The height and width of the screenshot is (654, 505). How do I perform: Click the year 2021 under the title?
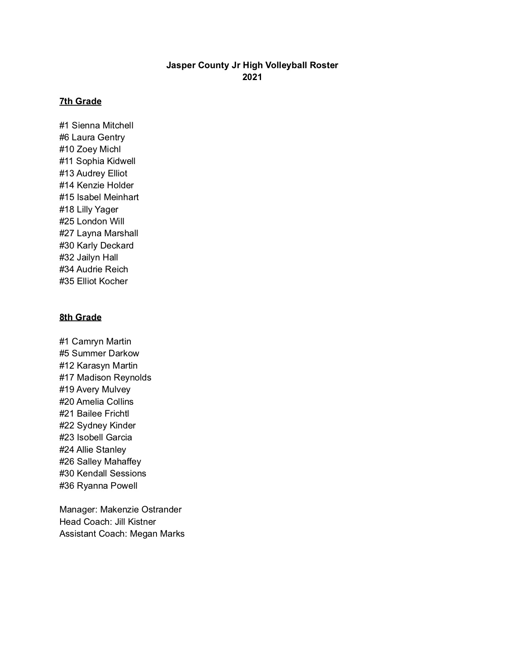click(x=252, y=77)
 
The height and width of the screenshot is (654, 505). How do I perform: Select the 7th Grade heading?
click(x=80, y=101)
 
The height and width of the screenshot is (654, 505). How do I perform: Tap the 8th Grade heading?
click(x=80, y=317)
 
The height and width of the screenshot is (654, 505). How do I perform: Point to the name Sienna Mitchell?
click(x=103, y=126)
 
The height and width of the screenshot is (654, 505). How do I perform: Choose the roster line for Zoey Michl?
click(x=90, y=149)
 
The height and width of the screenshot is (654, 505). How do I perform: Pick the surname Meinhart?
click(x=121, y=197)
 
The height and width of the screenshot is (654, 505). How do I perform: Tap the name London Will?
click(x=101, y=222)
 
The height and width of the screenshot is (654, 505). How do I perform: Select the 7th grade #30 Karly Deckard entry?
click(x=96, y=246)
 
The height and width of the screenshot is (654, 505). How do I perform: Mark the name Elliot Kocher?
click(x=102, y=281)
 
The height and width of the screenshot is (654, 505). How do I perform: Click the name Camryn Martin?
click(x=101, y=342)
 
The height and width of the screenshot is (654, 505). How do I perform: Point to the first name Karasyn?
click(x=90, y=366)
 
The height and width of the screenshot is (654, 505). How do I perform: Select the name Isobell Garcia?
click(x=104, y=438)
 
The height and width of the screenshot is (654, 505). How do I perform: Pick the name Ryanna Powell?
click(x=107, y=486)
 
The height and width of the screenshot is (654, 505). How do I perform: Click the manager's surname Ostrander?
click(x=162, y=510)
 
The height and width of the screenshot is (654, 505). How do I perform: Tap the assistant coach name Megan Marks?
click(x=157, y=534)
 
